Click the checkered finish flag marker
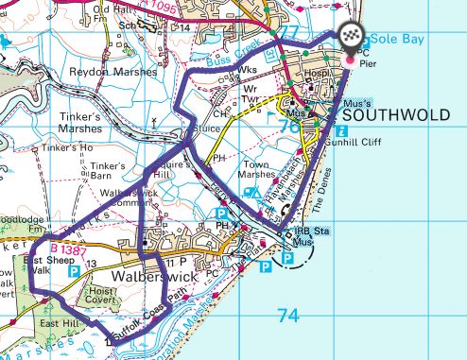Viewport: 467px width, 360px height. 351,38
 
